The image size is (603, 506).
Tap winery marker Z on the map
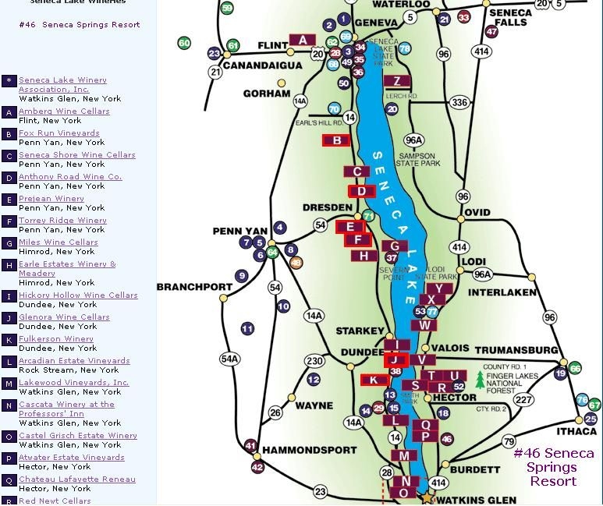397,81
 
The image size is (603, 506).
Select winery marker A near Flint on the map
302,40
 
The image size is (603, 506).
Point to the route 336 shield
460,102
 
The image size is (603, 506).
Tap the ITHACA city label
576,432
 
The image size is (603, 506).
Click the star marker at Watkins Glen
427,497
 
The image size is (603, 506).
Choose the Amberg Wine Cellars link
64,111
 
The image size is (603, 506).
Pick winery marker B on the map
336,140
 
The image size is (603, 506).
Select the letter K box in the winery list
9,340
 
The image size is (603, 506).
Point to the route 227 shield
523,399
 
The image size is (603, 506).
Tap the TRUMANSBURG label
516,350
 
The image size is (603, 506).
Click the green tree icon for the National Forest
480,382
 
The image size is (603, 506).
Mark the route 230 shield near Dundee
314,361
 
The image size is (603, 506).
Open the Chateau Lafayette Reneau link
76,479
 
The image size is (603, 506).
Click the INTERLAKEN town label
502,292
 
